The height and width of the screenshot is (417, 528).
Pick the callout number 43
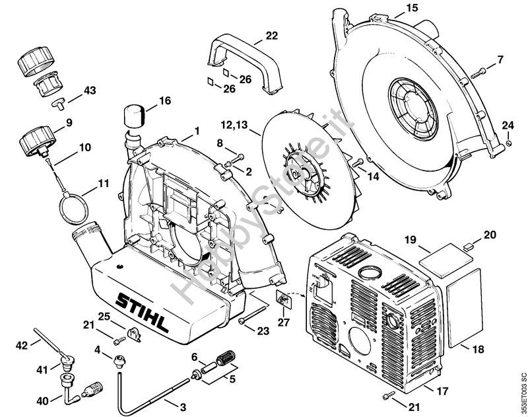pos(89,91)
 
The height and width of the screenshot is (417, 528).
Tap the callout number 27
pos(284,322)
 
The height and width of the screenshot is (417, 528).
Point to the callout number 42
pos(22,344)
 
